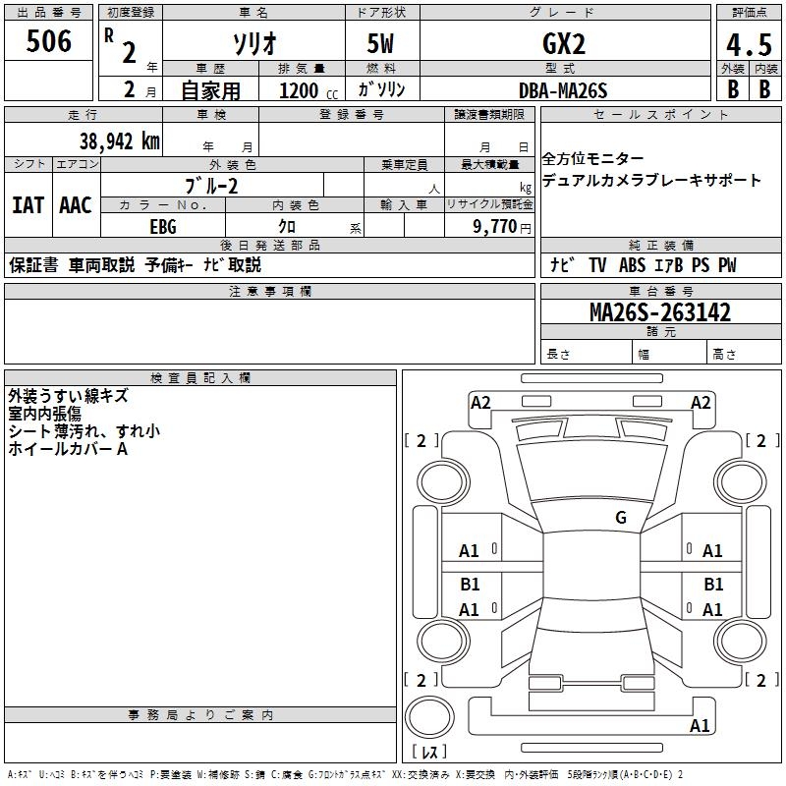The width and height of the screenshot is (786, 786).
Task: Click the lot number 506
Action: pyautogui.click(x=49, y=41)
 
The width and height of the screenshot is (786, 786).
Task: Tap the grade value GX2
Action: pyautogui.click(x=564, y=44)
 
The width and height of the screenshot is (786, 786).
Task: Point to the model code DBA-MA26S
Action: pyautogui.click(x=564, y=90)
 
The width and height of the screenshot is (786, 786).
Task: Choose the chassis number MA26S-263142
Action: pyautogui.click(x=660, y=312)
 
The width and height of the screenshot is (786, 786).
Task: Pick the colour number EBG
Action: pyautogui.click(x=163, y=226)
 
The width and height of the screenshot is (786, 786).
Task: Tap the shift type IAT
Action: pyautogui.click(x=28, y=205)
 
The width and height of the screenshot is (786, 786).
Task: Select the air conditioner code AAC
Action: pyautogui.click(x=76, y=205)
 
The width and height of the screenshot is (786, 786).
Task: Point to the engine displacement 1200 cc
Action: pyautogui.click(x=302, y=90)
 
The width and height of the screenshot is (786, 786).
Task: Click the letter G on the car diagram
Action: pyautogui.click(x=621, y=518)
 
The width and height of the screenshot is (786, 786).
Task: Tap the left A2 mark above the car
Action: pyautogui.click(x=480, y=402)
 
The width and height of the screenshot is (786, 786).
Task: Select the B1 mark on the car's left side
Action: pyautogui.click(x=470, y=585)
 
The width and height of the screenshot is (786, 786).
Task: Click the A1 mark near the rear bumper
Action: pyautogui.click(x=700, y=726)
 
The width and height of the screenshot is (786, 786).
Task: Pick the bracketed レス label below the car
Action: pyautogui.click(x=427, y=754)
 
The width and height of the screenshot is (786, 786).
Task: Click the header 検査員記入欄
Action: pyautogui.click(x=200, y=378)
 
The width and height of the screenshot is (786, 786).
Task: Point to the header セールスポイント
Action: pyautogui.click(x=662, y=115)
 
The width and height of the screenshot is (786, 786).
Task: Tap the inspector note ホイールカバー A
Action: pyautogui.click(x=68, y=449)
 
